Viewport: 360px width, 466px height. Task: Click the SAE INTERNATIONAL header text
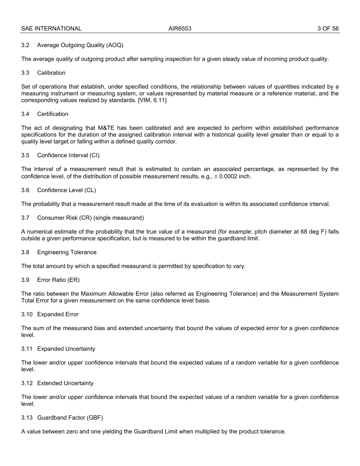[51, 28]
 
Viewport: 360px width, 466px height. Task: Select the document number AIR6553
[180, 28]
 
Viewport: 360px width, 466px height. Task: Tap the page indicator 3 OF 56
[328, 28]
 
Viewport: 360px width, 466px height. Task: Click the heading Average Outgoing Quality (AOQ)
[80, 45]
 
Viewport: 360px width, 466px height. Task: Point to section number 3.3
[25, 73]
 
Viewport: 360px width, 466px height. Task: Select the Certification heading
[53, 114]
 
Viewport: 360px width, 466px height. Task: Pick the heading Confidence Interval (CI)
[68, 155]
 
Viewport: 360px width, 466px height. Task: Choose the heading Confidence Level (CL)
[66, 190]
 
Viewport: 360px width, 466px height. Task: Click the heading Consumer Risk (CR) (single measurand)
[90, 218]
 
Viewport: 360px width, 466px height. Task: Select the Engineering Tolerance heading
[67, 252]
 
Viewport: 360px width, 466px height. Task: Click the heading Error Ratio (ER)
[58, 280]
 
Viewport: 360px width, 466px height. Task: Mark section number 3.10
[27, 314]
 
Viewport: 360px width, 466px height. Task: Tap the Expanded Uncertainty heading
[66, 349]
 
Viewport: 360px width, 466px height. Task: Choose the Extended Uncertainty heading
[65, 383]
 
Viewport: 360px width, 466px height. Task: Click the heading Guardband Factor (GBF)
[70, 418]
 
